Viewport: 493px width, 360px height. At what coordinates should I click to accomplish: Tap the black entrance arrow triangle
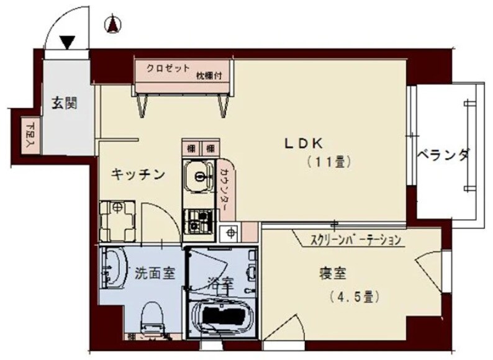[68, 42]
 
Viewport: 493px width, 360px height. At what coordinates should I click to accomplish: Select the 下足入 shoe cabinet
[31, 134]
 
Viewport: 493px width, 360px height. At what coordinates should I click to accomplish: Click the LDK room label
[303, 143]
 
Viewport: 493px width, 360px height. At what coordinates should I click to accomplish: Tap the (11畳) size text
[329, 163]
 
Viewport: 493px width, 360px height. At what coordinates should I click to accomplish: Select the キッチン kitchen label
[137, 174]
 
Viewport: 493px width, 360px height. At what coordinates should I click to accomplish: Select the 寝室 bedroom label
[333, 273]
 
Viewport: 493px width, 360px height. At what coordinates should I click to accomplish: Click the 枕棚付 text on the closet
[213, 76]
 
